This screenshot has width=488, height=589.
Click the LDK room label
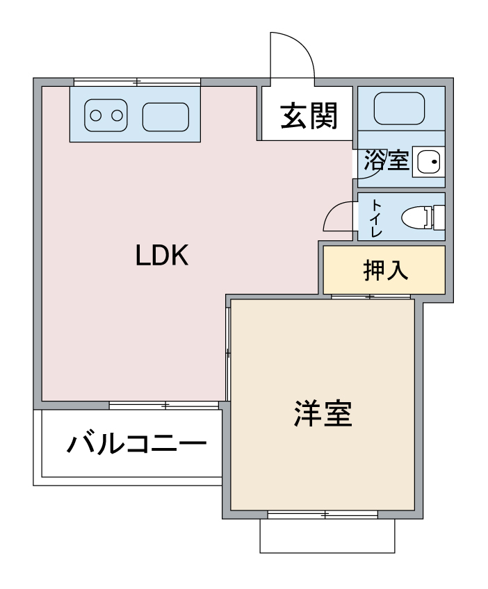162,255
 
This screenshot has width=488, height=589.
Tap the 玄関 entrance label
309,116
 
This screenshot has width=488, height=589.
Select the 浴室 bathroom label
386,160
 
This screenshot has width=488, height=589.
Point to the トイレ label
376,218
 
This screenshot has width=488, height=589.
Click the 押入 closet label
385,269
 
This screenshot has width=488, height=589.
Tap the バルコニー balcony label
136,444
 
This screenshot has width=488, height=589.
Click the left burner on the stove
95,115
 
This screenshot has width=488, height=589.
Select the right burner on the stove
117,115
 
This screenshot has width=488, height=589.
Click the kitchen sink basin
165,117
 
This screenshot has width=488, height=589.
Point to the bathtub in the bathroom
399,108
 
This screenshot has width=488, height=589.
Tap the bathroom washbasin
429,163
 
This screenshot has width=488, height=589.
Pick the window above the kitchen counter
137,82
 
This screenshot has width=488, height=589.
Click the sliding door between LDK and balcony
164,406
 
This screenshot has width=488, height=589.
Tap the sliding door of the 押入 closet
371,297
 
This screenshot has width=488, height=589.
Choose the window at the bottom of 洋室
323,515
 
